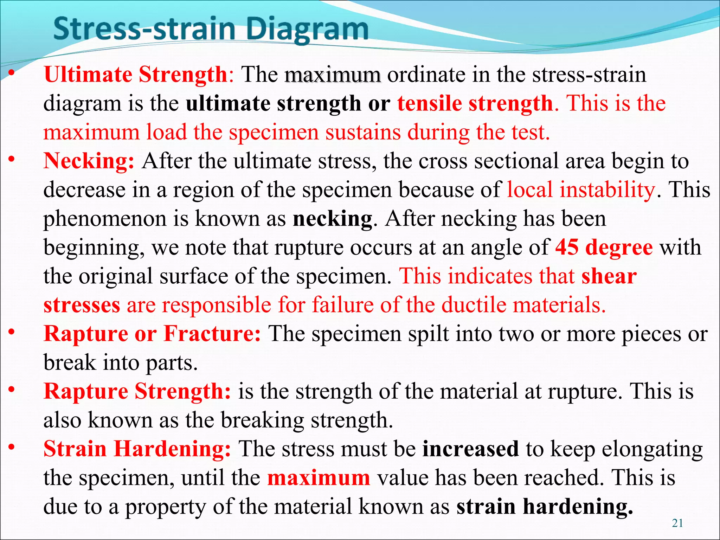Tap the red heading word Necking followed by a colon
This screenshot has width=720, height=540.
point(89,161)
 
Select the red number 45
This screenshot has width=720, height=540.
point(567,247)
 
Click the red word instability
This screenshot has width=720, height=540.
point(607,190)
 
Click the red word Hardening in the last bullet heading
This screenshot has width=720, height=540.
point(172,449)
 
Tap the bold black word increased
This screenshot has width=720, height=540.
point(470,449)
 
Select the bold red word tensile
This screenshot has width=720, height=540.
point(430,104)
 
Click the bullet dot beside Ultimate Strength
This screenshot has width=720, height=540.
point(12,73)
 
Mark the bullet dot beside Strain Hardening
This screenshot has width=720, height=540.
point(12,447)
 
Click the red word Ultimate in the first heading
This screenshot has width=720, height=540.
point(88,75)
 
